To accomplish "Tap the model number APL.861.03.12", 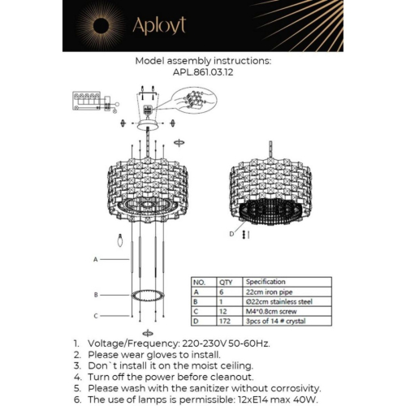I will pyautogui.click(x=203, y=71).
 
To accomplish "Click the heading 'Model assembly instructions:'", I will pyautogui.click(x=203, y=60).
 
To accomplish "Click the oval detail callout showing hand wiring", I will pyautogui.click(x=192, y=101).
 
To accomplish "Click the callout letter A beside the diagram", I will pyautogui.click(x=95, y=259).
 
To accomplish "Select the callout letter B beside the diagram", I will pyautogui.click(x=95, y=294).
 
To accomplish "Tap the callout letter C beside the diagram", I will pyautogui.click(x=95, y=316).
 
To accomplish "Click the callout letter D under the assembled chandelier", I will pyautogui.click(x=233, y=233).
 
